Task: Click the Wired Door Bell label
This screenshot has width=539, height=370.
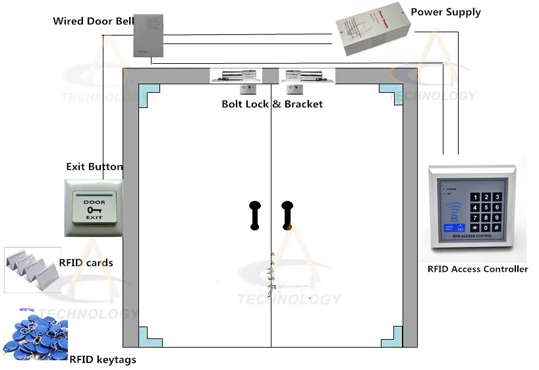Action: pyautogui.click(x=93, y=21)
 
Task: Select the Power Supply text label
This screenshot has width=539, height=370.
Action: pyautogui.click(x=445, y=12)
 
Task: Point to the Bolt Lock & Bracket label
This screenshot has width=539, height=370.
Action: pyautogui.click(x=272, y=103)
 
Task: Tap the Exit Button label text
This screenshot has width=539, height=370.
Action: pyautogui.click(x=94, y=167)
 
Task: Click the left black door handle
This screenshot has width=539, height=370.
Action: pyautogui.click(x=254, y=215)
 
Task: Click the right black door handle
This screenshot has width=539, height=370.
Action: pyautogui.click(x=287, y=215)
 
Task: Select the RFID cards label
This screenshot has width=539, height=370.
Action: pyautogui.click(x=86, y=263)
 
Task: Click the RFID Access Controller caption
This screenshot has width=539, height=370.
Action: pyautogui.click(x=477, y=269)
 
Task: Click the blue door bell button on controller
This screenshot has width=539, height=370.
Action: pyautogui.click(x=455, y=228)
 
